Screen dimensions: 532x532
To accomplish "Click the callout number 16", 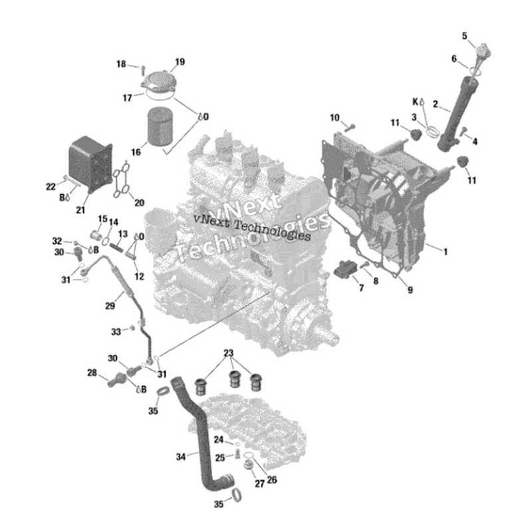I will pos(136,152).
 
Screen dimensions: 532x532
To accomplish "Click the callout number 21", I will pos(80,210).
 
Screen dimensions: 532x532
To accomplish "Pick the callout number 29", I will pos(110,306).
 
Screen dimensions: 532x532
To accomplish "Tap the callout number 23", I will pos(229,352).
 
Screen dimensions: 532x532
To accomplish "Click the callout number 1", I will pos(446,251).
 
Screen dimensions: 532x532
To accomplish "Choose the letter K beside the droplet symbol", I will pos(415,102).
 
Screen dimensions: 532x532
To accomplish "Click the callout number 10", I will pos(335,118).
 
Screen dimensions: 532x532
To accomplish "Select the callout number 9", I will pos(410,289).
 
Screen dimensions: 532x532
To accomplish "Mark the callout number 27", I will pos(259,483).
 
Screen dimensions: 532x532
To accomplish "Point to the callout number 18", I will pos(121,64).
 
